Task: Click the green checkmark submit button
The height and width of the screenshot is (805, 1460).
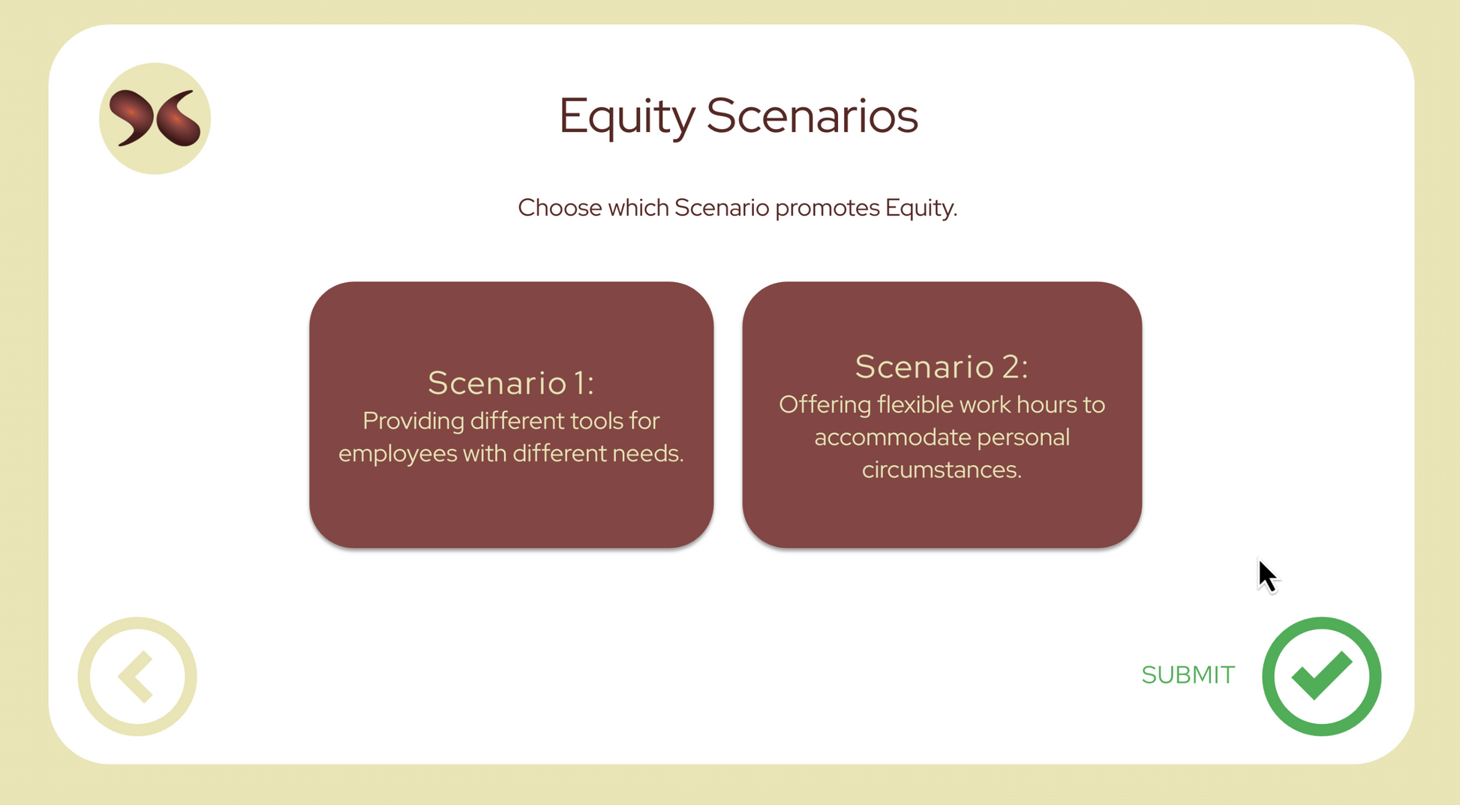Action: [1321, 676]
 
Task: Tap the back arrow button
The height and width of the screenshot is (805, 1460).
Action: [137, 676]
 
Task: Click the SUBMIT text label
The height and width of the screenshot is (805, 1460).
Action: [1188, 675]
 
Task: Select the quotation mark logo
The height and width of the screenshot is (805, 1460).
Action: [155, 119]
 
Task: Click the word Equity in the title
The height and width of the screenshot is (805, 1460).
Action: [627, 117]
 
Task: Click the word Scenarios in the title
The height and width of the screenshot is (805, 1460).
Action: [812, 116]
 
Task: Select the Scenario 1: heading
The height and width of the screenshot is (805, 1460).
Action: [511, 383]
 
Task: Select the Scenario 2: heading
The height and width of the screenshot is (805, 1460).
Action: [942, 367]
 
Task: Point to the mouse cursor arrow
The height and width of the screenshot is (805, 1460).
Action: [1267, 576]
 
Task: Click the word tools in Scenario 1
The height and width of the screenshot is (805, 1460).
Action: [597, 421]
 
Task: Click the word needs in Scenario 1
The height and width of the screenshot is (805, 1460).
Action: [647, 454]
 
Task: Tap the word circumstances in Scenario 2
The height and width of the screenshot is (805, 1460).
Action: [942, 470]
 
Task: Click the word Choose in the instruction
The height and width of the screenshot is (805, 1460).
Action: [560, 208]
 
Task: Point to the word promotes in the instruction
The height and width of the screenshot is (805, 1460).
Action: [827, 209]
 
